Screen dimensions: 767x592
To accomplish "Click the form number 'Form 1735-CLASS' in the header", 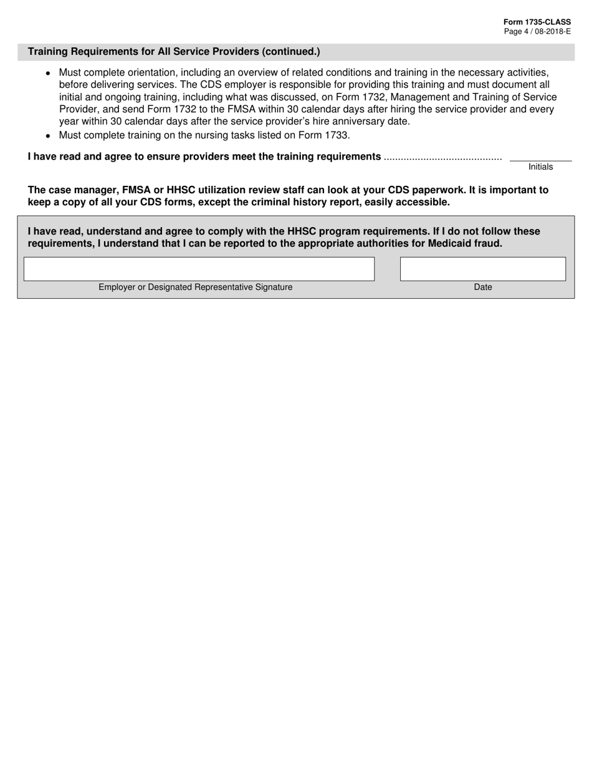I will pyautogui.click(x=537, y=22).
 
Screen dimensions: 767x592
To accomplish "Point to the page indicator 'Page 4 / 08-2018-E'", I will pyautogui.click(x=537, y=31).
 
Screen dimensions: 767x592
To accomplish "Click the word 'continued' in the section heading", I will pyautogui.click(x=294, y=52).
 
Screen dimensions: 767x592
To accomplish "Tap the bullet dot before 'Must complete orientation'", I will pyautogui.click(x=48, y=73).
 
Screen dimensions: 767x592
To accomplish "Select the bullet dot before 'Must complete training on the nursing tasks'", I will pyautogui.click(x=48, y=135).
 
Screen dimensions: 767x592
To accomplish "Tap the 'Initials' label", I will pyautogui.click(x=540, y=167).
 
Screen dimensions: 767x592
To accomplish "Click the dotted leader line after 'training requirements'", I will pyautogui.click(x=442, y=157).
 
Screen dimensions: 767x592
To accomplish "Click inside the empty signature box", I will pyautogui.click(x=199, y=269).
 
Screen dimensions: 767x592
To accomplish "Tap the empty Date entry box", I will pyautogui.click(x=482, y=269).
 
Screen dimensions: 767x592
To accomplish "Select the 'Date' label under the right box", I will pyautogui.click(x=482, y=287).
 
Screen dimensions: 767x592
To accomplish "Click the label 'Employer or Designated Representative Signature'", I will pyautogui.click(x=195, y=287).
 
